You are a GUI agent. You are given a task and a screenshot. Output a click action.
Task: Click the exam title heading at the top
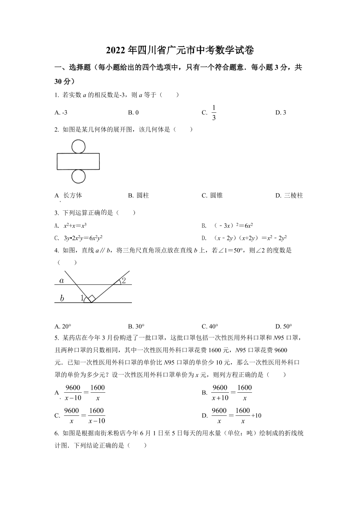pyautogui.click(x=180, y=51)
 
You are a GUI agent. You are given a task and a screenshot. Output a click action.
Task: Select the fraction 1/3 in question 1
pyautogui.click(x=214, y=113)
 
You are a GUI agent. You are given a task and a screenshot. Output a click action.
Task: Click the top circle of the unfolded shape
pyautogui.click(x=78, y=146)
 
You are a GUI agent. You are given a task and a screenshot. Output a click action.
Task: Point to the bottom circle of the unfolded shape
pyautogui.click(x=78, y=176)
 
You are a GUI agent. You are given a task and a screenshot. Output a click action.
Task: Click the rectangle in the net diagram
pyautogui.click(x=78, y=161)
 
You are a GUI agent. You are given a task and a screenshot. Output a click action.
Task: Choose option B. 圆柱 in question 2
pyautogui.click(x=138, y=196)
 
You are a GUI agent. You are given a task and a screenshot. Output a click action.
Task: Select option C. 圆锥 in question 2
pyautogui.click(x=212, y=196)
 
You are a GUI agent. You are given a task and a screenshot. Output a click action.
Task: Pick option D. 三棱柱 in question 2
pyautogui.click(x=289, y=196)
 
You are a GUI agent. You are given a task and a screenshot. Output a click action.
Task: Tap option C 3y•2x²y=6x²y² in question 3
pyautogui.click(x=83, y=238)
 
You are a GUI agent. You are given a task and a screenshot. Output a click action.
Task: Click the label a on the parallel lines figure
pyautogui.click(x=62, y=280)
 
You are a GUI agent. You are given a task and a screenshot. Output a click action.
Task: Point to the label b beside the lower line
pyautogui.click(x=62, y=298)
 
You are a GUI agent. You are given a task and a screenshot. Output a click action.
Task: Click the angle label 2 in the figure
pyautogui.click(x=124, y=280)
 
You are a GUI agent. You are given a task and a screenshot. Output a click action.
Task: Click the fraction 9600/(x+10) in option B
pyautogui.click(x=220, y=392)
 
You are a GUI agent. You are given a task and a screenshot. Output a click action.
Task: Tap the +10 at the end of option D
pyautogui.click(x=256, y=415)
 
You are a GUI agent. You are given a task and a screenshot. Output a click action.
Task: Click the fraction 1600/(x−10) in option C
pyautogui.click(x=96, y=415)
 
